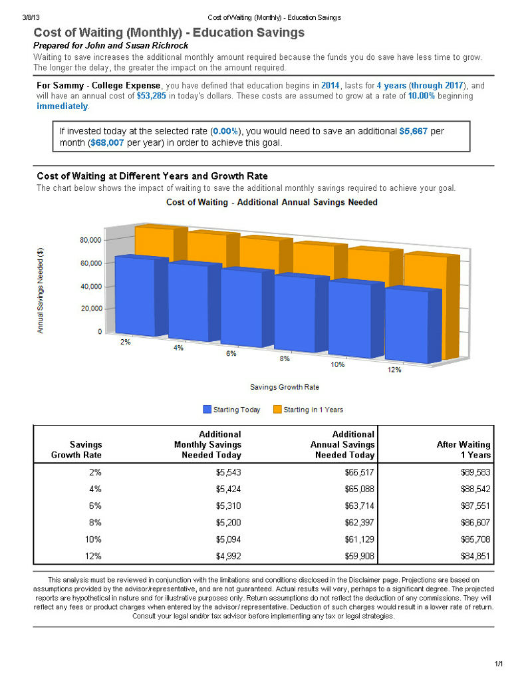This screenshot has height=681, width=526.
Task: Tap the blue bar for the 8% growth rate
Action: point(301,313)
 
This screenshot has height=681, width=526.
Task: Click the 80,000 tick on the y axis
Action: point(90,240)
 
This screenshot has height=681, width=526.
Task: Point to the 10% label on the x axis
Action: point(338,364)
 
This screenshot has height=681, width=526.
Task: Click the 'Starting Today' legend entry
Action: point(231,410)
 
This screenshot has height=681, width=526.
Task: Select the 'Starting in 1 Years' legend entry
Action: point(308,410)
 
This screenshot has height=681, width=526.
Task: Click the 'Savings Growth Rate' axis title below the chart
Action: point(285,387)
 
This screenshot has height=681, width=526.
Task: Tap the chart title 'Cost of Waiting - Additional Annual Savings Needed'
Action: point(272,202)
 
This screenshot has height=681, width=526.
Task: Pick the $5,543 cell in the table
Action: point(229,472)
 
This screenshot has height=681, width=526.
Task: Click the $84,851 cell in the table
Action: point(475,556)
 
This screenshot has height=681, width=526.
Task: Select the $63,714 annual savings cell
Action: point(359,505)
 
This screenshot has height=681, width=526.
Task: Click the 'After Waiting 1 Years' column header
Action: point(463,450)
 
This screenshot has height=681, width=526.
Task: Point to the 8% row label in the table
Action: point(95,523)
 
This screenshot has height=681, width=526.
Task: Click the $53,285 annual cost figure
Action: point(151,96)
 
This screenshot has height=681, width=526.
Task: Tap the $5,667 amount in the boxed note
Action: point(414,131)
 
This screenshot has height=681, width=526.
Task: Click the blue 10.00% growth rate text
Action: point(422,96)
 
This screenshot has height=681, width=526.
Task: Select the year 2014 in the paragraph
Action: point(330,86)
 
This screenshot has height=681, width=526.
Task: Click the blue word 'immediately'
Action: point(62,106)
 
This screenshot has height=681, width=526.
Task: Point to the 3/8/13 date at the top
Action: point(31,17)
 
